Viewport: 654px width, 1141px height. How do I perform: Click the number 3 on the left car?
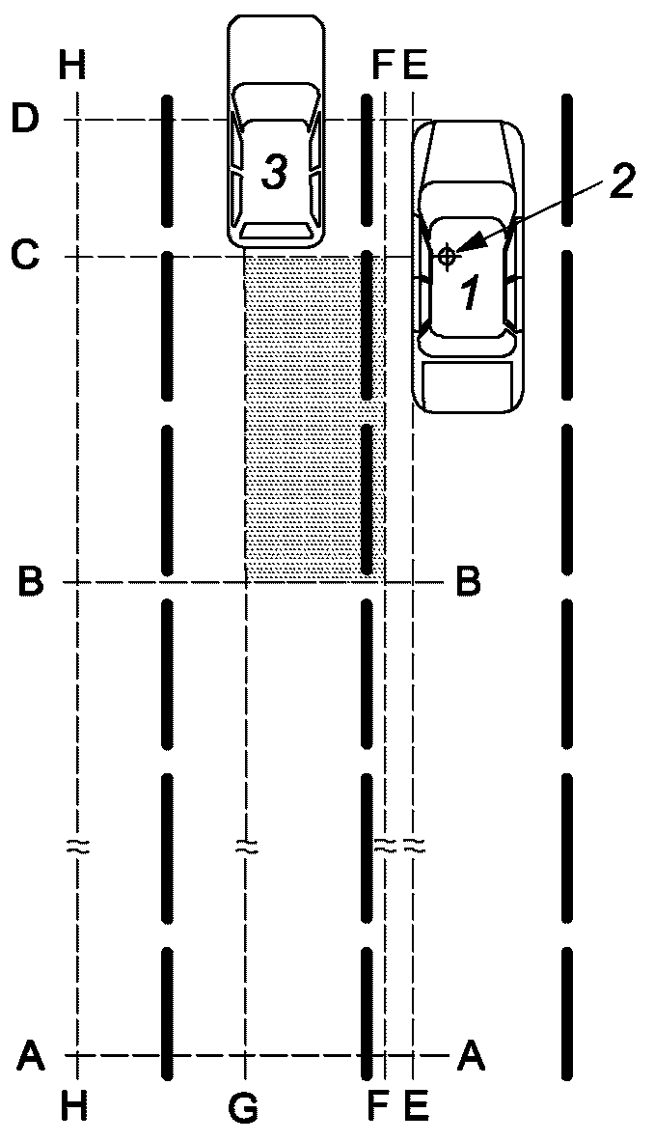[275, 174]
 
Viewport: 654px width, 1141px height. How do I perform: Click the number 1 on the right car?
[470, 291]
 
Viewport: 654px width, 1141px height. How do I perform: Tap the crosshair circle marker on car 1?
[446, 256]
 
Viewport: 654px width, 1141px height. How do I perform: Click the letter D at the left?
[25, 120]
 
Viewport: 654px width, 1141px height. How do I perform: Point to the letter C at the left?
[25, 257]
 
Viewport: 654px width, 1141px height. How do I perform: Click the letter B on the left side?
[30, 583]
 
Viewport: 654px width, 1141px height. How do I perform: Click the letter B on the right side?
[469, 583]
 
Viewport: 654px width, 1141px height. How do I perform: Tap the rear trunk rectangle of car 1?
[467, 384]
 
